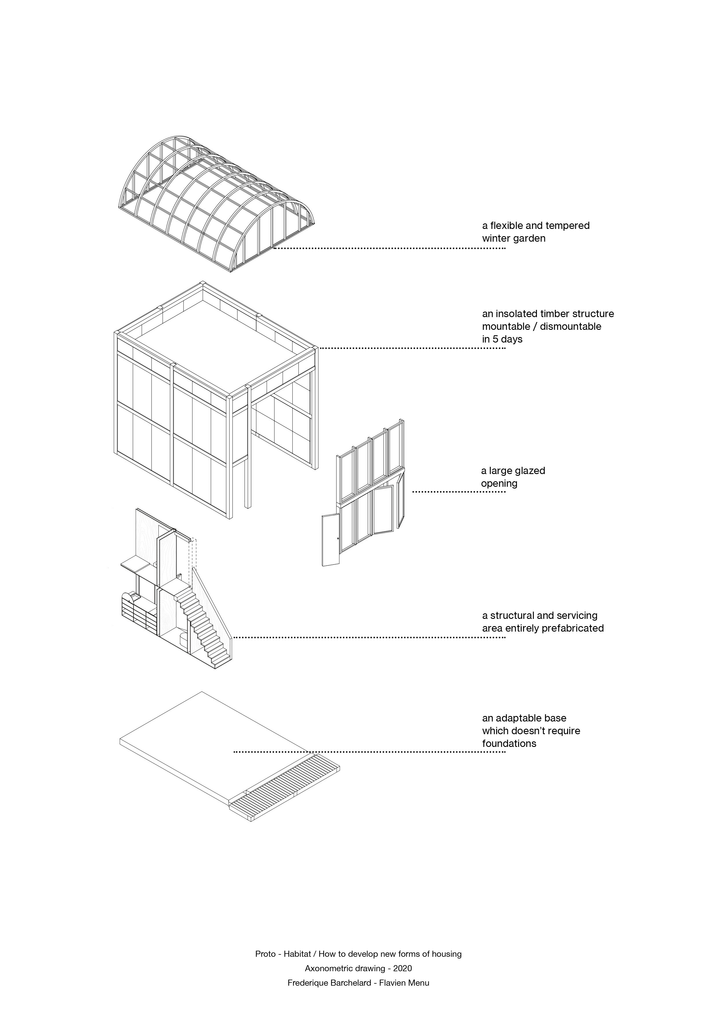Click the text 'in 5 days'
502,340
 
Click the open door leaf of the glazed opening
331,540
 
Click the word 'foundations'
509,744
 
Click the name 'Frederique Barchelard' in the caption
329,983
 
